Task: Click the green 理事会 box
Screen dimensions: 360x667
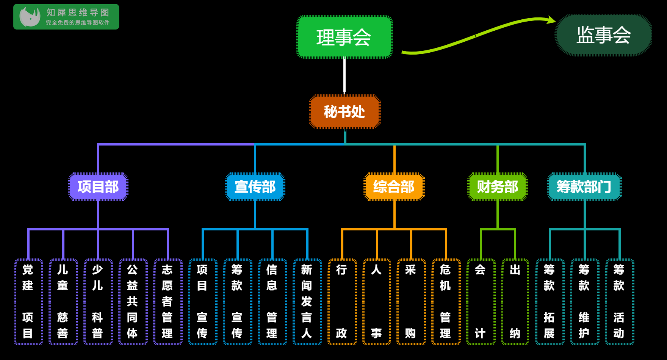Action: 344,37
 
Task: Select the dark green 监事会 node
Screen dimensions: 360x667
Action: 603,35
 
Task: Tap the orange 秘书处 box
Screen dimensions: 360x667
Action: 344,112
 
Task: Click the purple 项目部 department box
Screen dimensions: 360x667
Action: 98,187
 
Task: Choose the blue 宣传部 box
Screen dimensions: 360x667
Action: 255,187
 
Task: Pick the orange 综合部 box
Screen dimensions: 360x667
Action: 394,187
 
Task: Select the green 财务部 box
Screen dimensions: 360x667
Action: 498,187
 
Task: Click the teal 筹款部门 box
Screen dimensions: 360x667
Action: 584,187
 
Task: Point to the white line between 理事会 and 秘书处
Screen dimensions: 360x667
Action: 344,76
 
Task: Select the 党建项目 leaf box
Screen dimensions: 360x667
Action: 28,302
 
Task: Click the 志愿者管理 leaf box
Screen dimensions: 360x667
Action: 168,302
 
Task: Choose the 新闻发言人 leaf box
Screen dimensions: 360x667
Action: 307,302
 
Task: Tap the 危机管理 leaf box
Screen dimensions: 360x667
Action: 446,302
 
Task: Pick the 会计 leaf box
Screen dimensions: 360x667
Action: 481,302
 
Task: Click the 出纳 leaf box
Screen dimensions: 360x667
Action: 515,302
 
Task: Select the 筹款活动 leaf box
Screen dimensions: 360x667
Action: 619,302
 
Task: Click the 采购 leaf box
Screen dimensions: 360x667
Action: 411,302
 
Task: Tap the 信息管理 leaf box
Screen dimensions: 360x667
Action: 272,302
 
